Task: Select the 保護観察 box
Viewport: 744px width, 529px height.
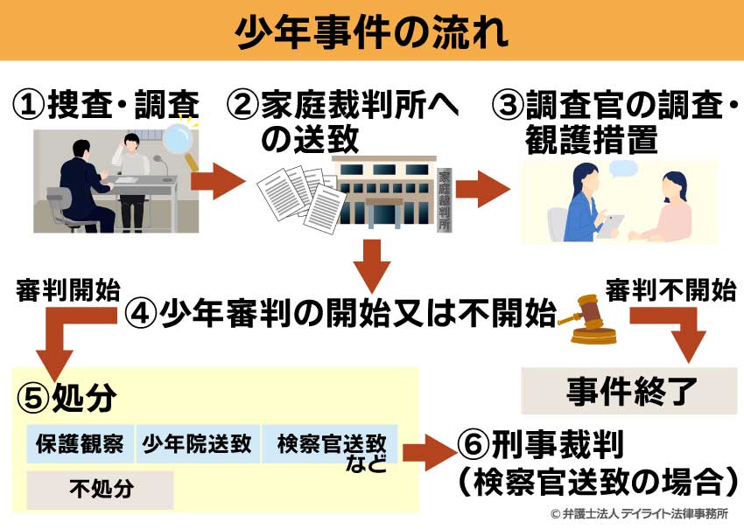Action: pos(80,444)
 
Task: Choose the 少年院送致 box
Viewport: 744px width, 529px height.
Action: pos(196,444)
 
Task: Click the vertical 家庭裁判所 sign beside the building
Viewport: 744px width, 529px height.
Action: pos(446,197)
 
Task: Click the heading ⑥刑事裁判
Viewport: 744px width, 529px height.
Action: pos(539,446)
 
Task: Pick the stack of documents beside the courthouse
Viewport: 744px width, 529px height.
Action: pos(298,197)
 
